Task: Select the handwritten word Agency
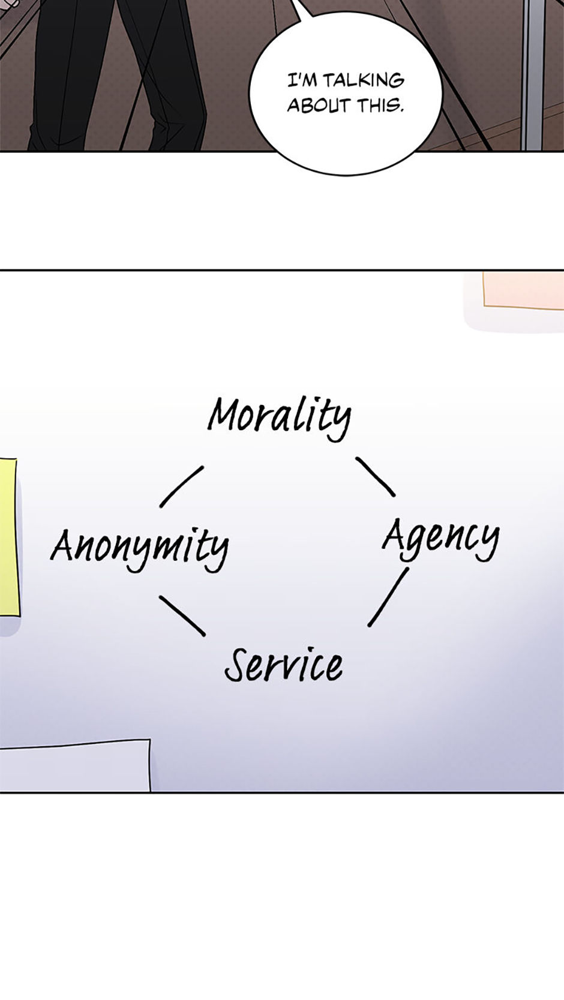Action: tap(441, 538)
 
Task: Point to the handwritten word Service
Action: tap(284, 665)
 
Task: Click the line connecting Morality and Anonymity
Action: tap(181, 487)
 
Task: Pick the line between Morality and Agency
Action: tap(375, 476)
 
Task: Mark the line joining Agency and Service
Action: tap(388, 597)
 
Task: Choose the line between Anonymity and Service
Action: tap(182, 615)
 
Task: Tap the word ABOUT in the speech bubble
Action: tap(319, 106)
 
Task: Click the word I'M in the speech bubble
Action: tap(302, 80)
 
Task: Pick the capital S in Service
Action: tap(238, 665)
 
